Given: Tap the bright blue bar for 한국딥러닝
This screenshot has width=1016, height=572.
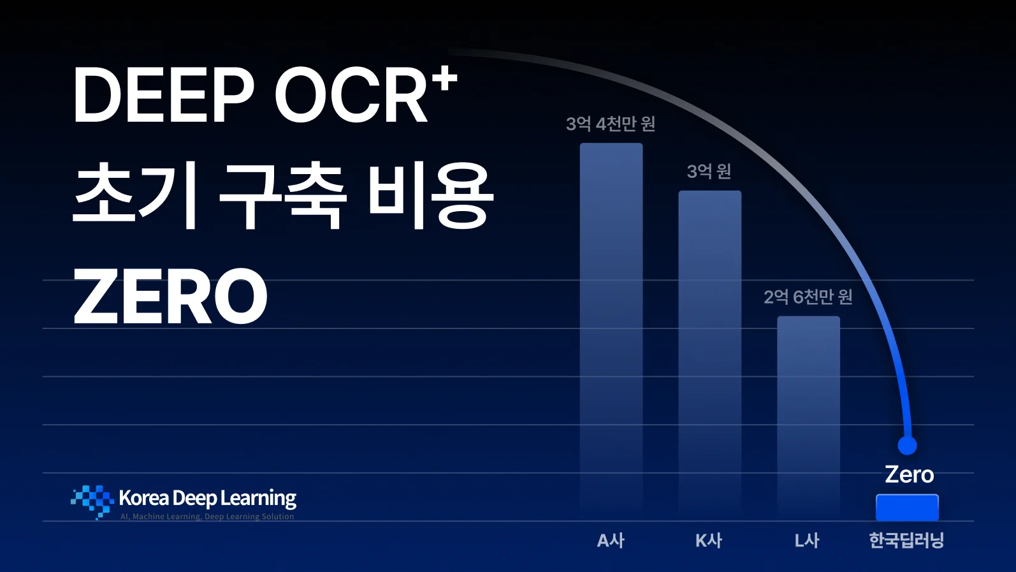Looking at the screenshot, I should (907, 508).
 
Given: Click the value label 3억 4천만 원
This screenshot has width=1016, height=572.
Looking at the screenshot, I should (611, 124).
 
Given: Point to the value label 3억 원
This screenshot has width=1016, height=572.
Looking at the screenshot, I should (709, 171).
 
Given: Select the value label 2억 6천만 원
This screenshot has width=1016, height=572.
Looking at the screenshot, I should (808, 297).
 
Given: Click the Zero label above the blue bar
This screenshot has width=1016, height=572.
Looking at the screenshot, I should (909, 474).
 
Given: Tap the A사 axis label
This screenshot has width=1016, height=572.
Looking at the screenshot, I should (611, 541).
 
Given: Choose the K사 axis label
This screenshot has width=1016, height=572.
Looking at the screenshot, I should (709, 541).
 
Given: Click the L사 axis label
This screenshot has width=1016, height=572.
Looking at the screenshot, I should (807, 541).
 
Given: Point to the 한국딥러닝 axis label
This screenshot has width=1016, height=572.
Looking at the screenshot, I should (906, 541).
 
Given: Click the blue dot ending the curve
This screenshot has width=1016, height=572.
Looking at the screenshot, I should (907, 445).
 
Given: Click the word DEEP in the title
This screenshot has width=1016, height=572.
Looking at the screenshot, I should (163, 96).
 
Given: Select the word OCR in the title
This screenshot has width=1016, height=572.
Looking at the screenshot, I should (351, 96).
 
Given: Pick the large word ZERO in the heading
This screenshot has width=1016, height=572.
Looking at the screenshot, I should (170, 297).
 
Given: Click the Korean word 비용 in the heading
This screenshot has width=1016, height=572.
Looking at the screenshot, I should (431, 195).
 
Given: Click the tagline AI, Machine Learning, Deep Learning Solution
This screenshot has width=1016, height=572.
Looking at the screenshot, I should (207, 517).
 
